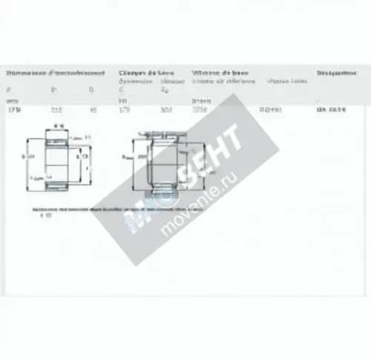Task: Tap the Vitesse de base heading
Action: click(220, 73)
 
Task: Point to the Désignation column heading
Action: click(338, 73)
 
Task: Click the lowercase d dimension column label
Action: click(9, 90)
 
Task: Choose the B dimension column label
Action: click(92, 90)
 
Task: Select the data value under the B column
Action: click(93, 110)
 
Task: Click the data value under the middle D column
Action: click(56, 110)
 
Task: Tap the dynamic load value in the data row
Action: click(124, 110)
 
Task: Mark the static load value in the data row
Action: click(165, 110)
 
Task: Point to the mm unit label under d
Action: click(11, 100)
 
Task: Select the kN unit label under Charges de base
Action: click(123, 100)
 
